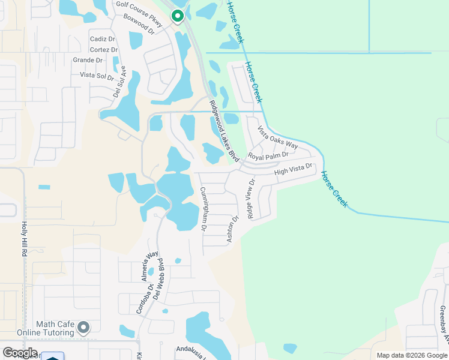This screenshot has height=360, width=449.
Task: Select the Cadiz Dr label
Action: tap(103, 38)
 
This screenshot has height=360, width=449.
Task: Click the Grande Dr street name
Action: tap(88, 60)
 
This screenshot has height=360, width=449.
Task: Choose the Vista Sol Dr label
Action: tap(97, 76)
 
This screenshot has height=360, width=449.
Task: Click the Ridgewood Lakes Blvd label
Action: tap(224, 130)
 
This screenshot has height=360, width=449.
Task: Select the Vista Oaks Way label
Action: tap(277, 137)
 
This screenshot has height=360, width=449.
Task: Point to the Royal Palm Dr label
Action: tap(268, 156)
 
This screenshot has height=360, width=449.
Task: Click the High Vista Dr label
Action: tap(294, 170)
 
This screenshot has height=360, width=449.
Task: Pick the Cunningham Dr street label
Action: tap(203, 209)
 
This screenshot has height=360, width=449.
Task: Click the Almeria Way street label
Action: tap(145, 266)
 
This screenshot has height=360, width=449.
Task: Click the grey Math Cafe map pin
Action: tap(83, 328)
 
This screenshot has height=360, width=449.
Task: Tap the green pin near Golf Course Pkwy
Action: tap(177, 16)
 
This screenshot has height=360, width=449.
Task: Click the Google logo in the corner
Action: tap(20, 353)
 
